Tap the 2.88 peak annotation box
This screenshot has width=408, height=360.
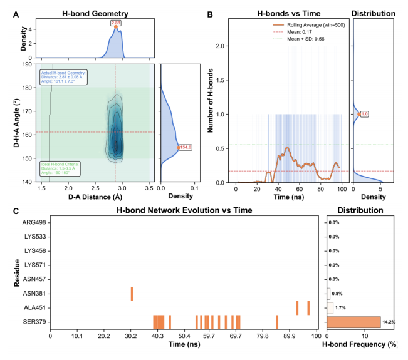(115, 24)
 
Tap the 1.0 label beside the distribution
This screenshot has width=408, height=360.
(365, 114)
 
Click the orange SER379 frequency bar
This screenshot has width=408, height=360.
(353, 322)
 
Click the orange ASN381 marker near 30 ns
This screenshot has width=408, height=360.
(132, 293)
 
